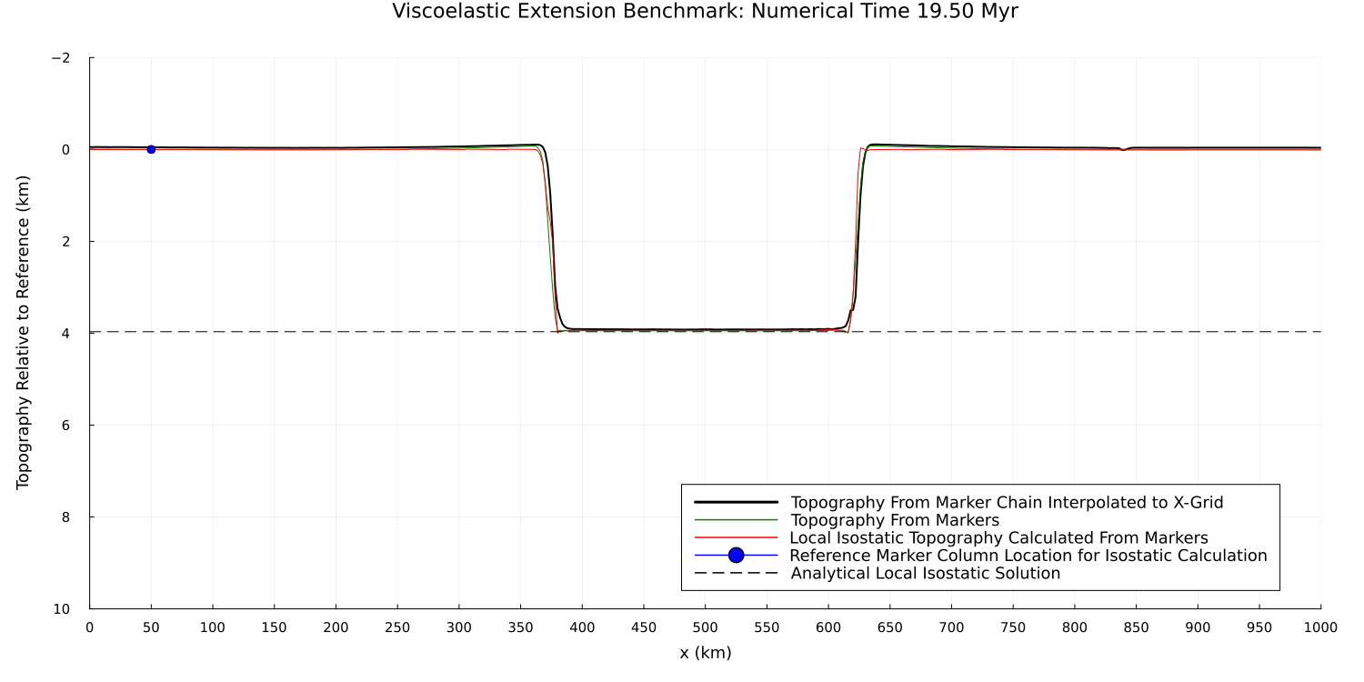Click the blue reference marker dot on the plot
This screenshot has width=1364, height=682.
151,149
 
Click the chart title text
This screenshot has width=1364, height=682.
705,12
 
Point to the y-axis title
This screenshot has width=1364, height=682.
24,333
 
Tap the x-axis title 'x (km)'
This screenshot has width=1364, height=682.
705,653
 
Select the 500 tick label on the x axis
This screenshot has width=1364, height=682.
705,627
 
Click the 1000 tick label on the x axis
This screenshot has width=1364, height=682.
1319,627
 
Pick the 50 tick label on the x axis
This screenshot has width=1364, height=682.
151,627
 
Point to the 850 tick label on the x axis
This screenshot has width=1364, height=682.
1136,627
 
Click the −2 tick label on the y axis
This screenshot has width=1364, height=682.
61,58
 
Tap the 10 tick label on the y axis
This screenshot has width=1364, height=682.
62,609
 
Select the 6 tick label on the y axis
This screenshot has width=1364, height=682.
65,426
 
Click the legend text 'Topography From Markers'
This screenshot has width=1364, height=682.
895,521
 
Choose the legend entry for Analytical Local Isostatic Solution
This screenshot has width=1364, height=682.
925,574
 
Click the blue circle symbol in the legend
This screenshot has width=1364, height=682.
737,556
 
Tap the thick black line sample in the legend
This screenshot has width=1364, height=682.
737,503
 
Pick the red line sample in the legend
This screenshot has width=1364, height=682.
737,538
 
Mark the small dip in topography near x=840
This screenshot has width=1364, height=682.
1124,149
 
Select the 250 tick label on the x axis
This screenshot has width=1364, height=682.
397,627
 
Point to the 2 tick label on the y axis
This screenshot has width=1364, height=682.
65,242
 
